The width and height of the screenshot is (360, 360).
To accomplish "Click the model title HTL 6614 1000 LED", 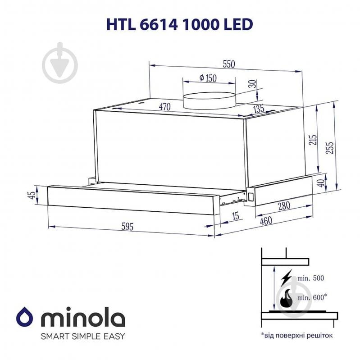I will tap(179, 24).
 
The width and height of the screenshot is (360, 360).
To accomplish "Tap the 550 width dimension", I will tap(228, 64).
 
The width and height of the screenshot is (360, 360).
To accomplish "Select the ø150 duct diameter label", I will tap(208, 78).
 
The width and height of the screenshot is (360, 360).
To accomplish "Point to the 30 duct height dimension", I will tap(252, 84).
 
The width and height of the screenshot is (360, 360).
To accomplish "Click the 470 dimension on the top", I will tap(164, 107).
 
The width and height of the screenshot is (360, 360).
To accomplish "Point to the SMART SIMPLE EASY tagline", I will tap(83, 336).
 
